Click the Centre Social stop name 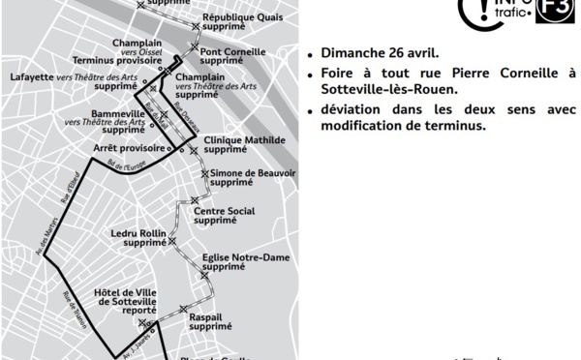[x=224, y=211]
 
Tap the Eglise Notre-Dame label [x=246, y=257]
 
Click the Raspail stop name [x=205, y=316]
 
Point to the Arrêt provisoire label [x=124, y=147]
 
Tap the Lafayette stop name [x=32, y=76]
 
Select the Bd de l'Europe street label [x=126, y=166]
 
